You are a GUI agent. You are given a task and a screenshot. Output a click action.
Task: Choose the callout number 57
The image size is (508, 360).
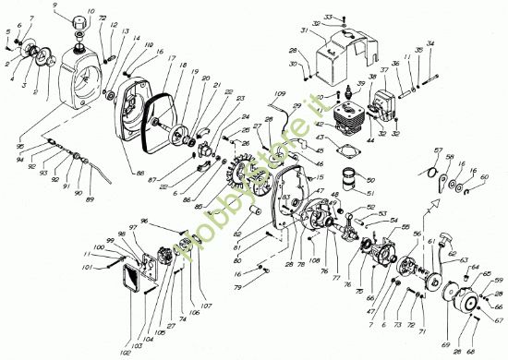click(x=438, y=150)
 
